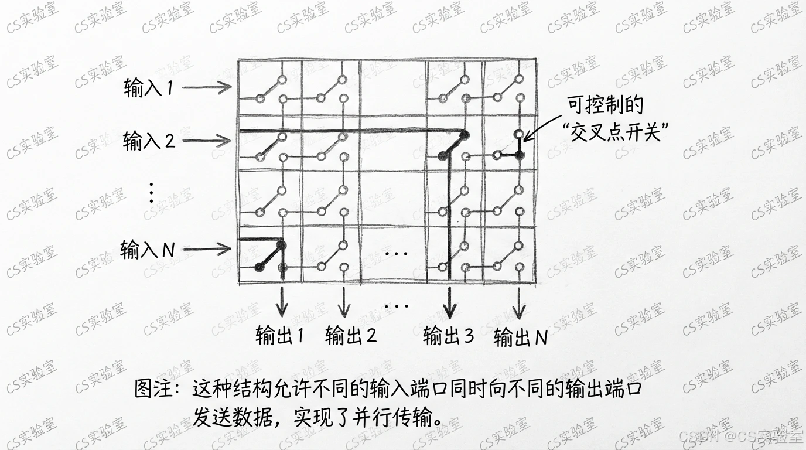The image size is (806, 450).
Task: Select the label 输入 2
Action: [149, 141]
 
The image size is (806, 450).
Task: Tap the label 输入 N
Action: [148, 250]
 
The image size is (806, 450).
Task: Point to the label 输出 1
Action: [280, 336]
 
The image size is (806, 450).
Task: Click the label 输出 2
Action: [350, 336]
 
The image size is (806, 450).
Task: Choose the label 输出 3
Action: [448, 336]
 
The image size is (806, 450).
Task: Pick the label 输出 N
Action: [520, 337]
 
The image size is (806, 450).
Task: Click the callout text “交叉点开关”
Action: [615, 131]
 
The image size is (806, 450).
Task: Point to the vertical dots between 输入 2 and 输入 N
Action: [151, 193]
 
